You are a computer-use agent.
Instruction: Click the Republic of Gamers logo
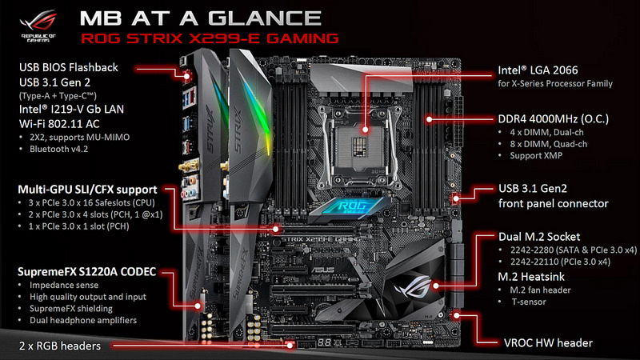point(38,26)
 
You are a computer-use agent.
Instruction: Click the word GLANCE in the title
point(265,18)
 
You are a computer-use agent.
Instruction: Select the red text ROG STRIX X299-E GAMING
point(210,38)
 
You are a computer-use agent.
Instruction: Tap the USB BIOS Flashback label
point(69,67)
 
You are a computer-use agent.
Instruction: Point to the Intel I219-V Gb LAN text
point(71,109)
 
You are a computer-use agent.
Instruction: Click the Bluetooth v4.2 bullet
point(58,149)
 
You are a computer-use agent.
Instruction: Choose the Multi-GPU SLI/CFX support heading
point(87,190)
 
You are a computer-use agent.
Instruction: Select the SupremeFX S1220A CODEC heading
point(86,272)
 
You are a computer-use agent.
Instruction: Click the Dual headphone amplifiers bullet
point(83,321)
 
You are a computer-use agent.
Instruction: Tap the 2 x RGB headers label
point(59,346)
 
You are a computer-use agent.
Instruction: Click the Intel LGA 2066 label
point(538,70)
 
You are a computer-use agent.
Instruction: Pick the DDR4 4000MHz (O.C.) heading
point(554,119)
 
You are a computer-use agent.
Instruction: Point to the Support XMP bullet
point(536,155)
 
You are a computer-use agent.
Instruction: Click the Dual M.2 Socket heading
point(539,237)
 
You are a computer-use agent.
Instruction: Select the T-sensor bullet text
point(529,302)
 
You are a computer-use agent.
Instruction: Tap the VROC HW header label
point(548,343)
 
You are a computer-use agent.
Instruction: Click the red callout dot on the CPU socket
point(365,130)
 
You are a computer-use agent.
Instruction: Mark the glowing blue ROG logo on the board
point(347,206)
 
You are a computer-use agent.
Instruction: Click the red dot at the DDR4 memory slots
point(429,119)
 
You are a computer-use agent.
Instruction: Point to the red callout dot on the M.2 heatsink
point(436,286)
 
